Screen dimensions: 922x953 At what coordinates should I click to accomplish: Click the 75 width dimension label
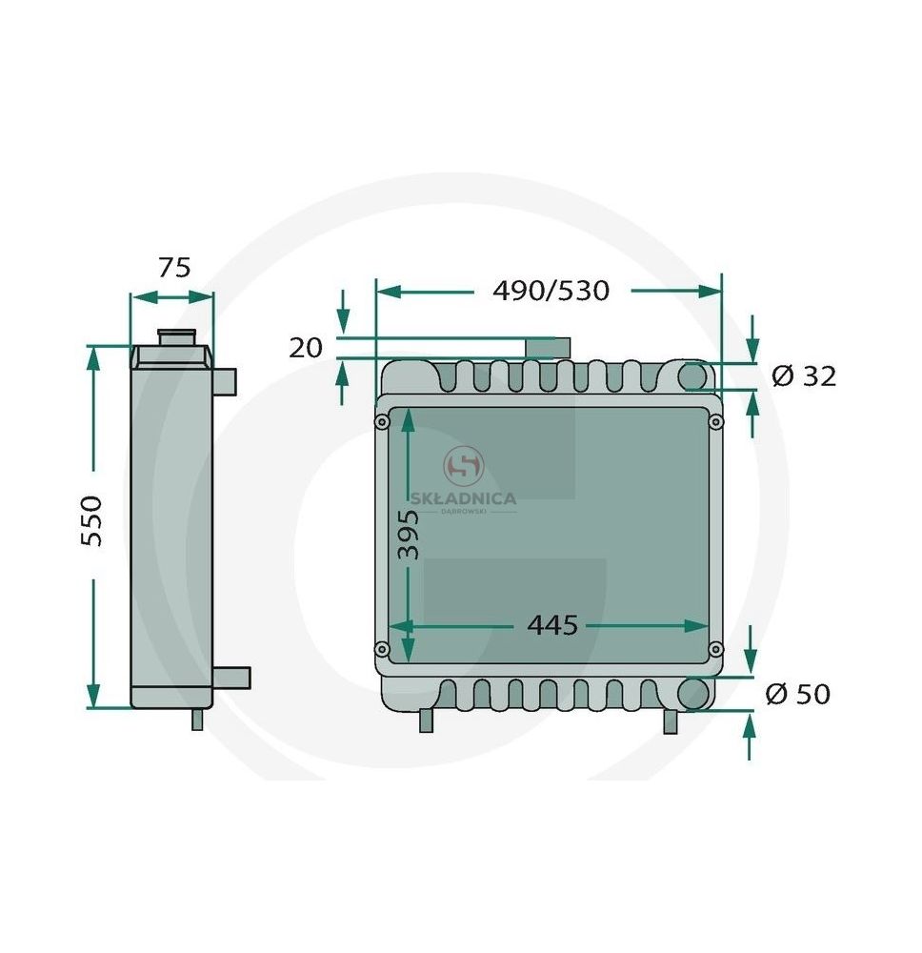tap(174, 268)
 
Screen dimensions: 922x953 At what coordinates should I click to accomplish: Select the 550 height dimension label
tap(92, 521)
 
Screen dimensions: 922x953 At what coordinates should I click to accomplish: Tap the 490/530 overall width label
tap(551, 291)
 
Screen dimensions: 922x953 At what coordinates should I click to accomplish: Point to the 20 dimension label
tap(306, 348)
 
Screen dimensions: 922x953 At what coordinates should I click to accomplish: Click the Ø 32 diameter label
tap(804, 376)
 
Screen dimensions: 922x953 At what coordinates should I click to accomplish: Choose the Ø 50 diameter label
tap(797, 694)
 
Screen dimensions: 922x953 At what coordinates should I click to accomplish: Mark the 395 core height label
tap(408, 535)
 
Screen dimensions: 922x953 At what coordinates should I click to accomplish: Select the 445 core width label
tap(552, 625)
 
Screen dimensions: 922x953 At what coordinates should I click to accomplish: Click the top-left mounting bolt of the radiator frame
tap(382, 422)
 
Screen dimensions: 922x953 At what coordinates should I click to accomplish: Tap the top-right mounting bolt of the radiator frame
tap(716, 422)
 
